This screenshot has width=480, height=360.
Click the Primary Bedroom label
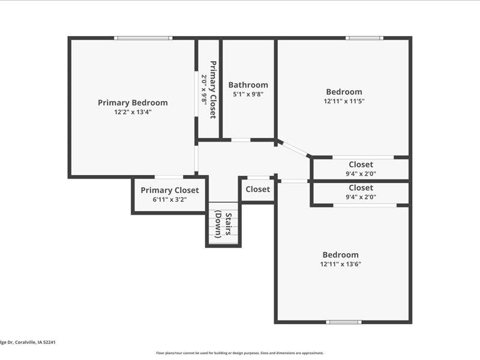click(x=133, y=103)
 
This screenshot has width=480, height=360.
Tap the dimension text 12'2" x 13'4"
click(x=133, y=112)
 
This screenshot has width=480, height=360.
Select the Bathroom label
click(x=248, y=85)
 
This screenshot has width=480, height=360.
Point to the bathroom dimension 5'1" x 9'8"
click(x=248, y=94)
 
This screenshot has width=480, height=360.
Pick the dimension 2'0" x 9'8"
click(x=204, y=89)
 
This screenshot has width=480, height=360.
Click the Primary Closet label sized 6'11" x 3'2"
click(x=170, y=190)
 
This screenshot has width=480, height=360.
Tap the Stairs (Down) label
click(x=224, y=225)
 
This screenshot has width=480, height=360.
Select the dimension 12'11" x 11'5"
click(x=344, y=101)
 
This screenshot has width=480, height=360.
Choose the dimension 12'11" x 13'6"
click(x=341, y=264)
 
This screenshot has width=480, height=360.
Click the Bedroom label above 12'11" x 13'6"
click(x=341, y=254)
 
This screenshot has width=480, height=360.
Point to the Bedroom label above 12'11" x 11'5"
click(x=344, y=92)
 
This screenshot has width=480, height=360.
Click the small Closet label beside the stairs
click(x=258, y=189)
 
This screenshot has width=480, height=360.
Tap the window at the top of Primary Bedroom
click(x=143, y=38)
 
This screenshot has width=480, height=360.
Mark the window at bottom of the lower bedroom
click(x=344, y=322)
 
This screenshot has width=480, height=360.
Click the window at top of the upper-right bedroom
click(x=364, y=38)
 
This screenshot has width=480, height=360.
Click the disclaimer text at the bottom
click(x=240, y=353)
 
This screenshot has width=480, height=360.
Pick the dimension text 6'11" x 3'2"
click(x=170, y=200)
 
